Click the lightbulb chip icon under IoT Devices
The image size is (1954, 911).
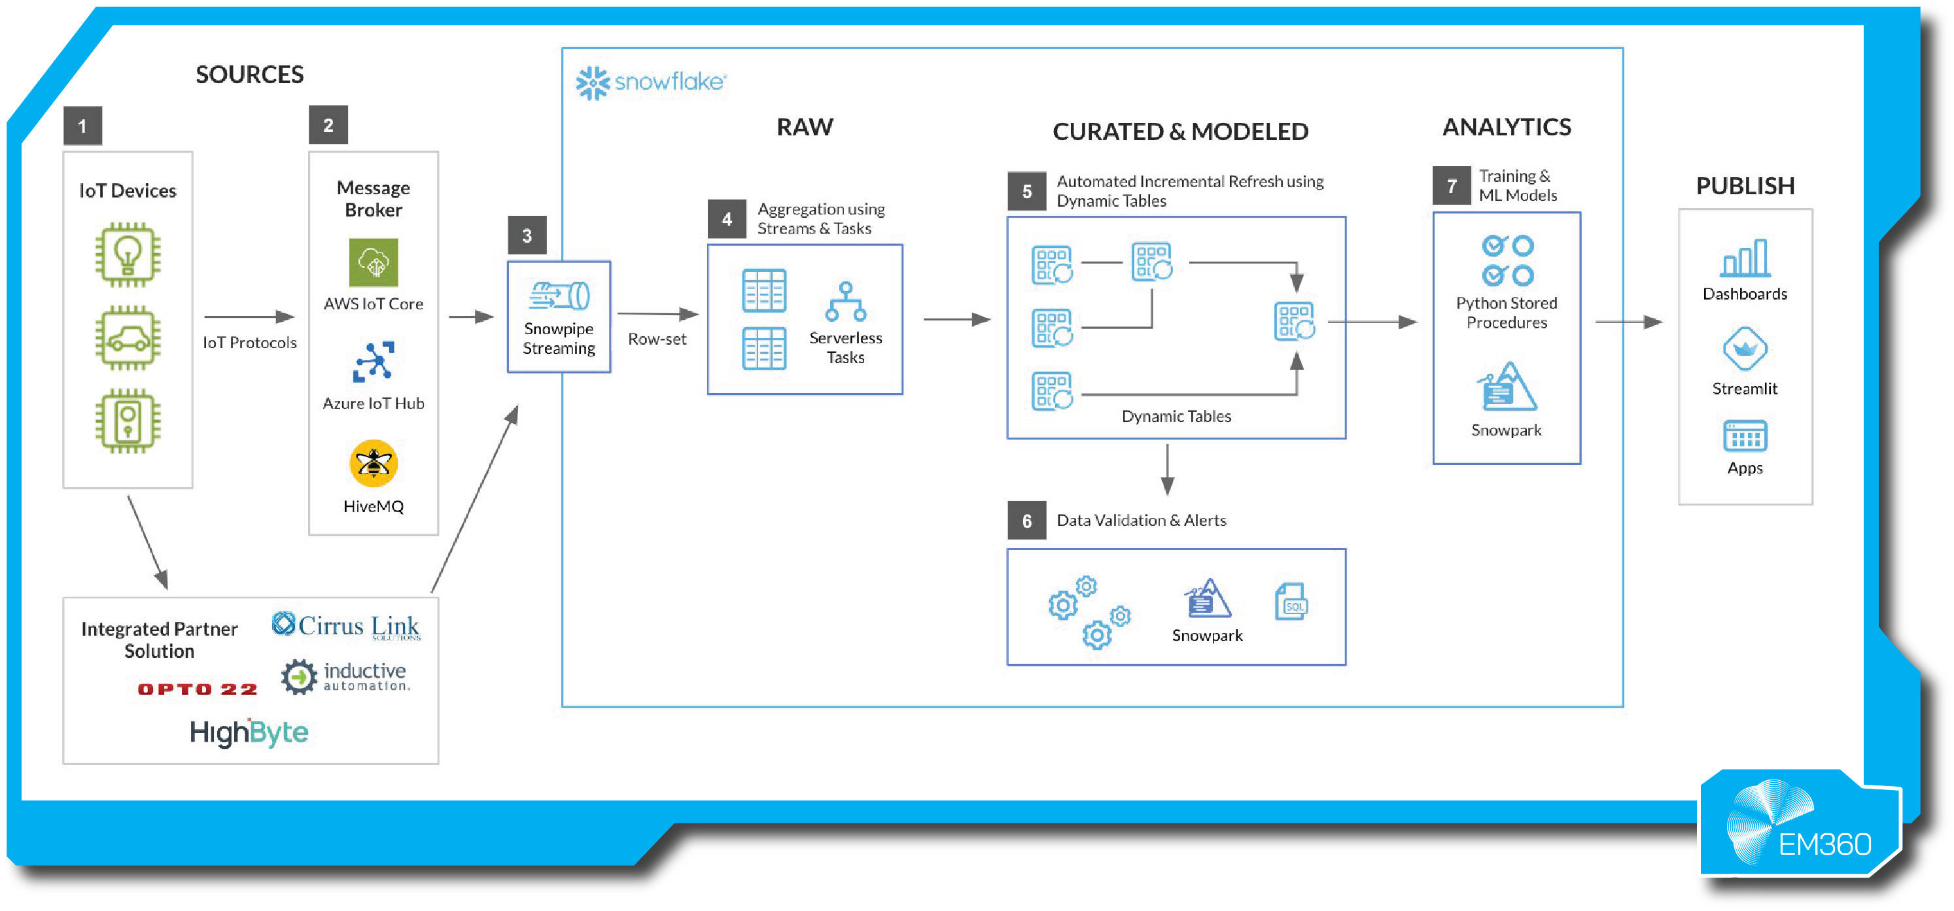point(128,255)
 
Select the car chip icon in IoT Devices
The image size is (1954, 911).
point(128,338)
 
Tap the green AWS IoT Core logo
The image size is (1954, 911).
point(373,262)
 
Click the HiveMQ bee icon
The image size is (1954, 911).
point(373,464)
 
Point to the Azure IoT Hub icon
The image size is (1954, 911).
point(373,361)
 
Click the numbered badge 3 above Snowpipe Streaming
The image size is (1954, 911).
point(527,236)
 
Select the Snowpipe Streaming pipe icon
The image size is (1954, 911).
point(560,296)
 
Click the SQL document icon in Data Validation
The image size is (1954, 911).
point(1291,602)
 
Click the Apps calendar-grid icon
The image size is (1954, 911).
point(1745,436)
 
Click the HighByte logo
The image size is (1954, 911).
point(249,732)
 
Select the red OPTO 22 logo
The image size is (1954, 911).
point(197,689)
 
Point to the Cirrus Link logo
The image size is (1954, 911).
point(346,626)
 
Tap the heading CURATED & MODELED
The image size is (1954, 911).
point(1180,132)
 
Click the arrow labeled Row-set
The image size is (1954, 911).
point(657,314)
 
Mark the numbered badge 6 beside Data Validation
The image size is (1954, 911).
point(1026,521)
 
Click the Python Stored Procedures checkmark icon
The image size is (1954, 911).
point(1507,261)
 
